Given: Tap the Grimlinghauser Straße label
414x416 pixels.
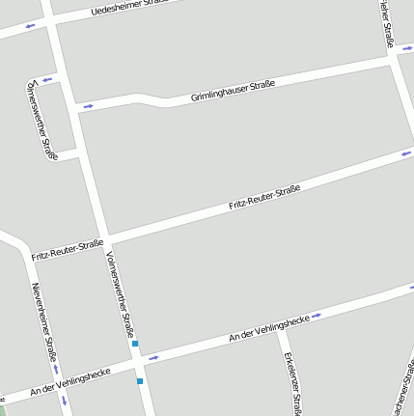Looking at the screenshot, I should pos(233,91).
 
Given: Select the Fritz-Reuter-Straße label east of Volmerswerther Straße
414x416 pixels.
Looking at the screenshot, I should pos(264,196).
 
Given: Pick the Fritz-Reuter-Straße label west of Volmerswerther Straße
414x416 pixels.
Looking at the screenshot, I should pos(67,250).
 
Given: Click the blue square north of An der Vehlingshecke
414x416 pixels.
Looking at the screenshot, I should pos(135,344).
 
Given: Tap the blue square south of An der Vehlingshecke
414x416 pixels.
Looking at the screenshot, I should pos(140,381).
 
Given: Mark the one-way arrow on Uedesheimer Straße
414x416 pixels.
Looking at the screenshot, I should pos(30,26).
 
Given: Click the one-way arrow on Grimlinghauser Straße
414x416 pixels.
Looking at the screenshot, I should pos(89,105).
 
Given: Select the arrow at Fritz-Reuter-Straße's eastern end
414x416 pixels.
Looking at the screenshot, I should pos(406,153).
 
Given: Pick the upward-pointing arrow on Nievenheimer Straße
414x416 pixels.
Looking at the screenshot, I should pos(56,369).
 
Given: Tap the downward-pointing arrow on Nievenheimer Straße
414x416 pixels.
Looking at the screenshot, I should pos(64,400).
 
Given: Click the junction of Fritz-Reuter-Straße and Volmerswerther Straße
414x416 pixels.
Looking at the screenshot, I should pos(108,239).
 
